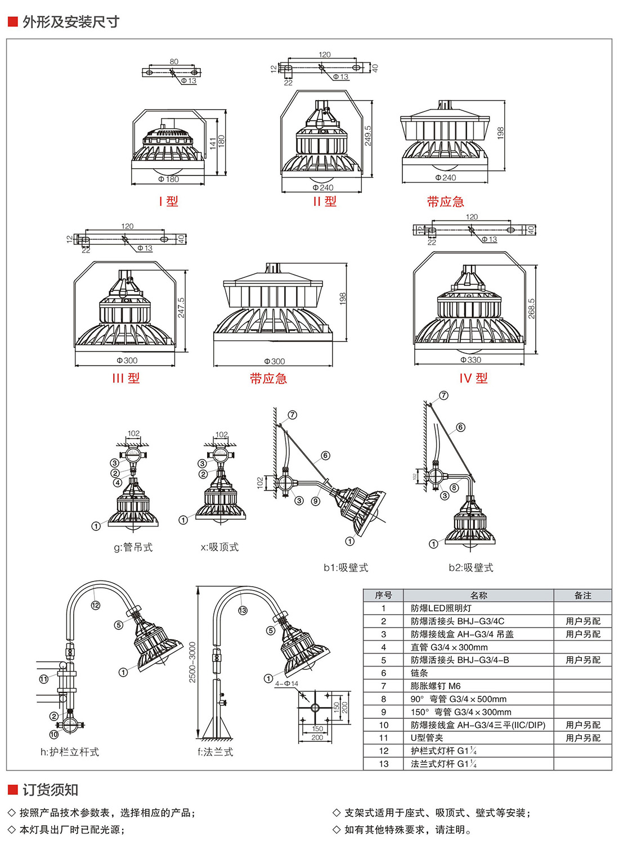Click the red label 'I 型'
pyautogui.click(x=168, y=201)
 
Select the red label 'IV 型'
pyautogui.click(x=473, y=379)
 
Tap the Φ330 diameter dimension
pyautogui.click(x=471, y=360)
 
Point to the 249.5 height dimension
pyautogui.click(x=367, y=136)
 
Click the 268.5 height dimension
pyautogui.click(x=532, y=308)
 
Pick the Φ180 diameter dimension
pyautogui.click(x=169, y=179)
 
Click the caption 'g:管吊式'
pyautogui.click(x=133, y=547)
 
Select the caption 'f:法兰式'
pyautogui.click(x=215, y=752)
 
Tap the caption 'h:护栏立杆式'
pyautogui.click(x=70, y=752)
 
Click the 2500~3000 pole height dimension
pyautogui.click(x=192, y=663)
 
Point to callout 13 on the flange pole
pyautogui.click(x=243, y=610)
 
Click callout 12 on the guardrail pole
pyautogui.click(x=96, y=605)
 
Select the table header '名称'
pyautogui.click(x=478, y=595)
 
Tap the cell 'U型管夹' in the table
pyautogui.click(x=427, y=738)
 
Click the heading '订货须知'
pyautogui.click(x=50, y=790)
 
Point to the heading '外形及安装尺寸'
pyautogui.click(x=71, y=22)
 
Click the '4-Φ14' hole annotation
pyautogui.click(x=287, y=684)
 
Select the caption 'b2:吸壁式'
pyautogui.click(x=470, y=568)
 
